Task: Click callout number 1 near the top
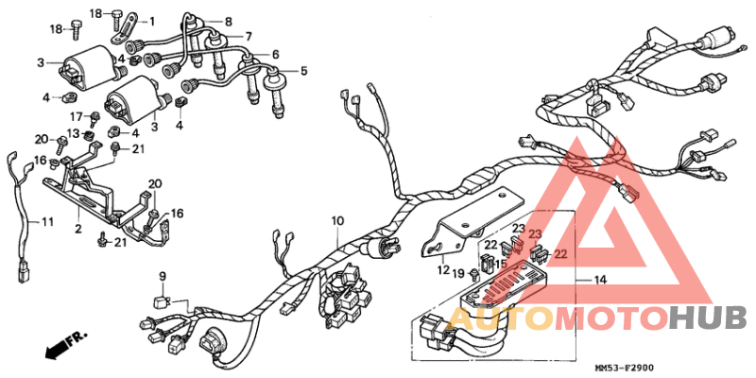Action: [153, 20]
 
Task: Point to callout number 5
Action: [304, 71]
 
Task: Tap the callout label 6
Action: [276, 54]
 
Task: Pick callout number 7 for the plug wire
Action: [249, 37]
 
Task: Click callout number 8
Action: [228, 20]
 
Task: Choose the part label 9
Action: [162, 276]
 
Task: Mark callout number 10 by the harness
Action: [335, 221]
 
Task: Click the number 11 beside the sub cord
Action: [46, 222]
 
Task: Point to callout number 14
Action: [599, 281]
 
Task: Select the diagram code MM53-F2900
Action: [629, 367]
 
